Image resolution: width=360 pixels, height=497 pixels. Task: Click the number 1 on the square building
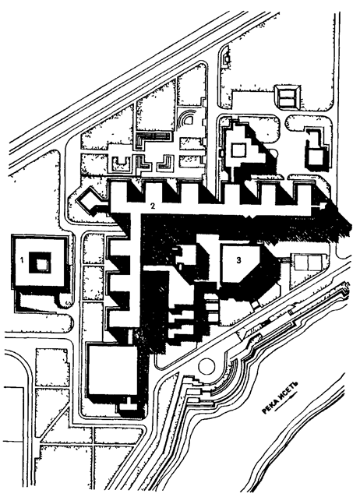tap(22, 260)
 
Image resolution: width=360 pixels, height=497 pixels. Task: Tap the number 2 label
tap(153, 206)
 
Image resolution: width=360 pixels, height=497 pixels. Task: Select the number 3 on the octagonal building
tap(238, 260)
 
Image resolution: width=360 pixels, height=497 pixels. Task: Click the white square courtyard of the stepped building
tap(238, 150)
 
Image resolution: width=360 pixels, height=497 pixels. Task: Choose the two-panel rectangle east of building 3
tap(309, 262)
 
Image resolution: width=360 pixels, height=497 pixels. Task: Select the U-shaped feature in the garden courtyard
tap(123, 162)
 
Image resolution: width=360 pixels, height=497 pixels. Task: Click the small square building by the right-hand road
tap(316, 157)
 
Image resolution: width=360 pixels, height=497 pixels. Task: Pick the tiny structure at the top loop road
tap(226, 59)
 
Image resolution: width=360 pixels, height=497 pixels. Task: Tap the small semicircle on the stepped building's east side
tap(275, 155)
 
